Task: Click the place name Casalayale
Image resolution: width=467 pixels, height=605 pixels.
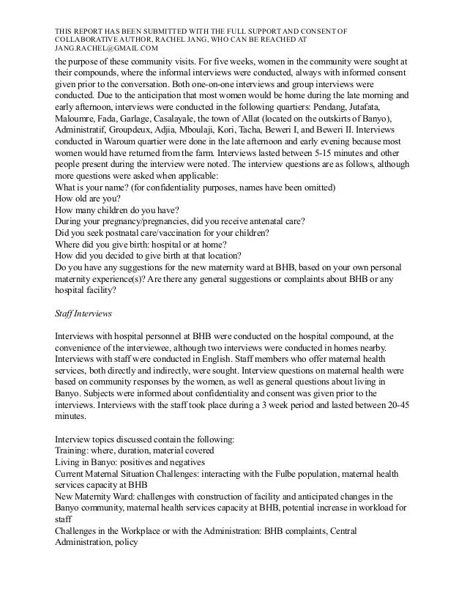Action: (193, 119)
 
